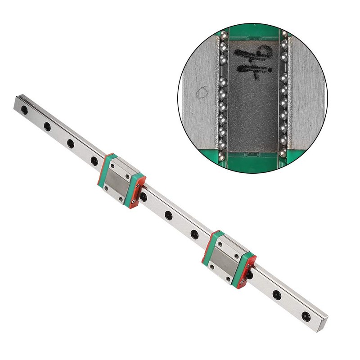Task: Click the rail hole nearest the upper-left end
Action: [x=25, y=110]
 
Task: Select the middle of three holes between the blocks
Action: [x=168, y=216]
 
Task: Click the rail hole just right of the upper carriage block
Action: [x=144, y=197]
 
